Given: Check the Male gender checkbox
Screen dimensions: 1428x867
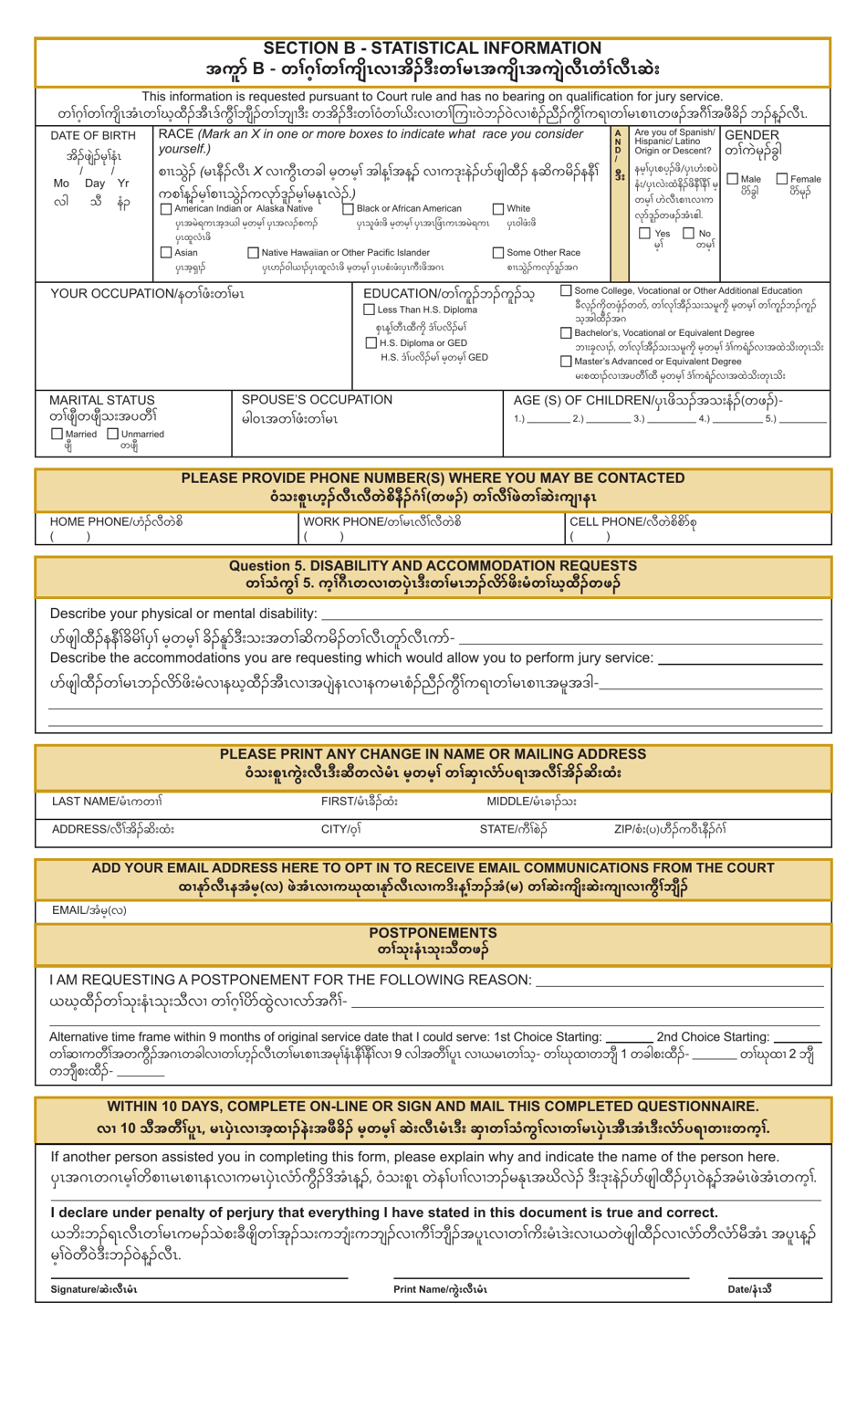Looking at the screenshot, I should (733, 179).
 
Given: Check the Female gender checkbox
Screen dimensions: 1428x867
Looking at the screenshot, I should (783, 179).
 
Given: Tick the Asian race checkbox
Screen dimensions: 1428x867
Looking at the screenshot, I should (165, 252).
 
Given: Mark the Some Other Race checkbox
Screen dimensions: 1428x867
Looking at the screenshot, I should (498, 252).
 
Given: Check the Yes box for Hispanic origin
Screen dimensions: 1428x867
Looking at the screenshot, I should (644, 234).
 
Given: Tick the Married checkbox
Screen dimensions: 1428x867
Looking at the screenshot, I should (57, 433).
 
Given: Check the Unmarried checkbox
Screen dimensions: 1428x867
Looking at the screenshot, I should (113, 433).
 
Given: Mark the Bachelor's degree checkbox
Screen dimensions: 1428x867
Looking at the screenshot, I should (567, 332).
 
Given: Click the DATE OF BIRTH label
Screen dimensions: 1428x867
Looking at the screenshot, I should (93, 136).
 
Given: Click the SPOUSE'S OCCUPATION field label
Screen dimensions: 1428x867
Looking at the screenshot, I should (316, 400).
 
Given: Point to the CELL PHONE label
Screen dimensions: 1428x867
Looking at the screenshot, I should (606, 521).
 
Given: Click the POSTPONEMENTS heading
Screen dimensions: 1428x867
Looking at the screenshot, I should (433, 932).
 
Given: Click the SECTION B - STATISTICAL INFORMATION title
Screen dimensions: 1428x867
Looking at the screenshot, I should (433, 47).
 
